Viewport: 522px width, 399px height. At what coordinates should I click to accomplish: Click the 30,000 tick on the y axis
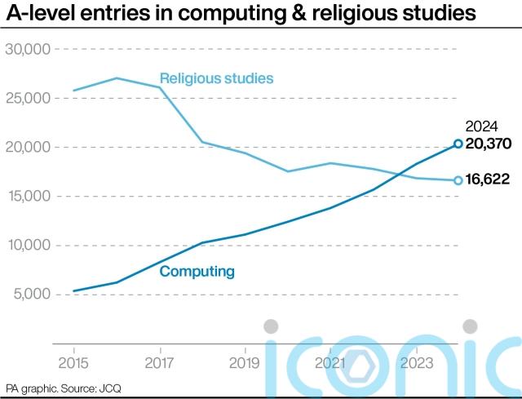(x=29, y=50)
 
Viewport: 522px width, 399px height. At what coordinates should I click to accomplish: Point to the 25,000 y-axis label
(x=29, y=99)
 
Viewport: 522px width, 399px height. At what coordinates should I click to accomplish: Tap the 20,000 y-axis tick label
(x=29, y=148)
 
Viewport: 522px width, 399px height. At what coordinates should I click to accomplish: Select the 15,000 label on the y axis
(x=29, y=197)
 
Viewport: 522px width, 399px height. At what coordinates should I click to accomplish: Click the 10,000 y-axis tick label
(x=29, y=246)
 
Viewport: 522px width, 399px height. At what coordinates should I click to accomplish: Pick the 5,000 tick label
(x=32, y=295)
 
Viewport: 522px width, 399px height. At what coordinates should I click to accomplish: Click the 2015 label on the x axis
(x=73, y=362)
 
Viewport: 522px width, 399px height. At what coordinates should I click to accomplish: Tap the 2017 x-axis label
(x=158, y=362)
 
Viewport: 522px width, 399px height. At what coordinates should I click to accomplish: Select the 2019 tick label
(x=244, y=362)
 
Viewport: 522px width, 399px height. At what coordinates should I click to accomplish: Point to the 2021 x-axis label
(x=329, y=362)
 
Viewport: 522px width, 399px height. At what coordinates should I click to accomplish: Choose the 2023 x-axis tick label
(x=414, y=362)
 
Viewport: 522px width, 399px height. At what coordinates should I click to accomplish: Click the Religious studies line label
(x=216, y=79)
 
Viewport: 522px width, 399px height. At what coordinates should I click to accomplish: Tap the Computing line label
(x=197, y=272)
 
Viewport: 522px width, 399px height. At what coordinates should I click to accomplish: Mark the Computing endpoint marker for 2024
(x=458, y=144)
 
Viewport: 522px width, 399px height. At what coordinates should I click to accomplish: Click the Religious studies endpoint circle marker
(x=458, y=180)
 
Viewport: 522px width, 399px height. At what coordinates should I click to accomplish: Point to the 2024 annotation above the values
(x=481, y=126)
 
